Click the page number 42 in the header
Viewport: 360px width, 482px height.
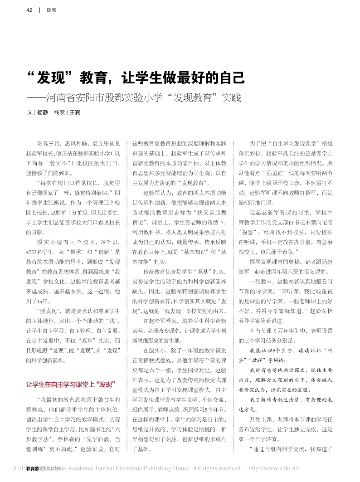click(x=30, y=10)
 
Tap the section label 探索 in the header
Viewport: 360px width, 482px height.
click(x=51, y=10)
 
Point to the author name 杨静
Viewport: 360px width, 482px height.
click(x=42, y=112)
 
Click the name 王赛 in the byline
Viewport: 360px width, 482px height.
click(x=74, y=112)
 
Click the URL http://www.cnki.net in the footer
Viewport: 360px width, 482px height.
click(x=274, y=468)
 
